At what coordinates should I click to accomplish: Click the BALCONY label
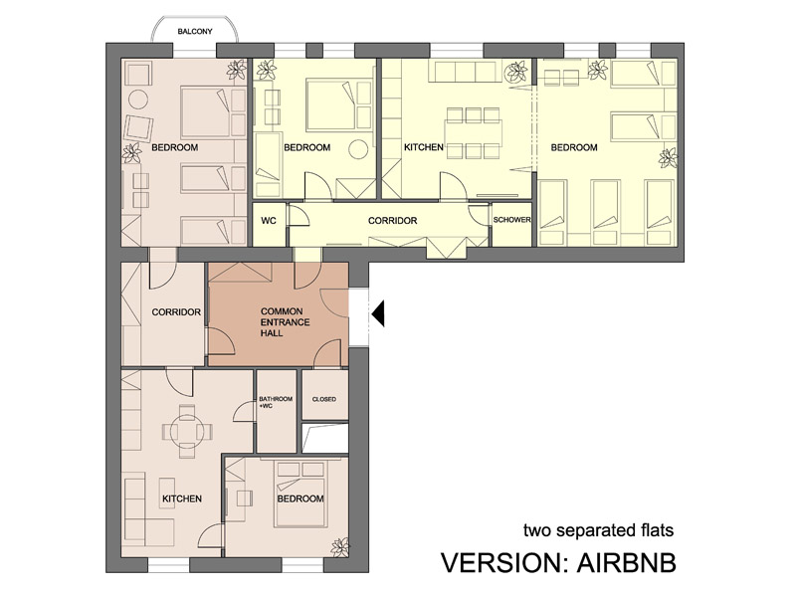pyautogui.click(x=195, y=32)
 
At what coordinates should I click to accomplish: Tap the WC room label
pyautogui.click(x=269, y=221)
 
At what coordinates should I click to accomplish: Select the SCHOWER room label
pyautogui.click(x=511, y=220)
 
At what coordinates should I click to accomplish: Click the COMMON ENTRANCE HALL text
pyautogui.click(x=285, y=322)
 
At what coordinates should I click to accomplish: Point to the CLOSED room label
pyautogui.click(x=324, y=400)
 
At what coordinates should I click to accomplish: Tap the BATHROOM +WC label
pyautogui.click(x=276, y=403)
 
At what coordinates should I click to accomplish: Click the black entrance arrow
pyautogui.click(x=378, y=313)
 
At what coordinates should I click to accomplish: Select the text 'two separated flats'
pyautogui.click(x=599, y=531)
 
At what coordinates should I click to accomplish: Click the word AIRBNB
pyautogui.click(x=626, y=562)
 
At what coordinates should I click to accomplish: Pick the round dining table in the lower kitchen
pyautogui.click(x=187, y=432)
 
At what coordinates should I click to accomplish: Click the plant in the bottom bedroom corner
pyautogui.click(x=339, y=546)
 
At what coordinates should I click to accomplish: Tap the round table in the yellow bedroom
pyautogui.click(x=358, y=148)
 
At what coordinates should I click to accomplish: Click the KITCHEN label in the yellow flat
pyautogui.click(x=424, y=147)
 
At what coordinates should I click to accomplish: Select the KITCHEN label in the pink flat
pyautogui.click(x=182, y=499)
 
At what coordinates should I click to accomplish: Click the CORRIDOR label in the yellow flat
pyautogui.click(x=392, y=221)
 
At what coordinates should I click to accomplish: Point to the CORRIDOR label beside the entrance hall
pyautogui.click(x=176, y=312)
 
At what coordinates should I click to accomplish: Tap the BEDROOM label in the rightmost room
pyautogui.click(x=574, y=147)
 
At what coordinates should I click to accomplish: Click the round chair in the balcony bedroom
pyautogui.click(x=138, y=99)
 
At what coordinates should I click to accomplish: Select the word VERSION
pyautogui.click(x=504, y=562)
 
